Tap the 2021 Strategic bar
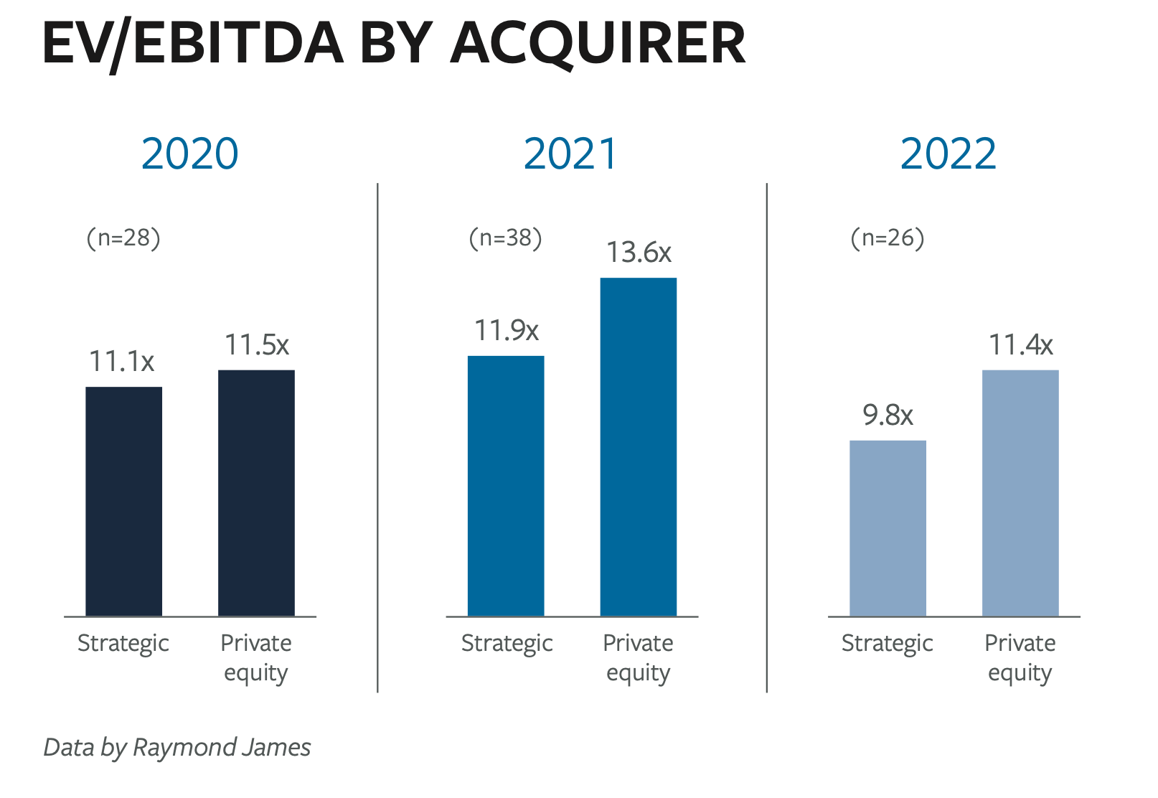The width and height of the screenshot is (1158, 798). coord(506,486)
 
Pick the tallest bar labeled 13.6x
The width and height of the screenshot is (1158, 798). coord(639,446)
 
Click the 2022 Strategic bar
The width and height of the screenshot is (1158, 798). coord(888,528)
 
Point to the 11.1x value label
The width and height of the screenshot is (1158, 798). coord(122,361)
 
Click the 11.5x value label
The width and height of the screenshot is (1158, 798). coord(257,344)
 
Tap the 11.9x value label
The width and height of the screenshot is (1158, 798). coord(507,330)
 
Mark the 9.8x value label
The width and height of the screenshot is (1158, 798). coord(888,415)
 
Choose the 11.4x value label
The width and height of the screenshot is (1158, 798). coord(1021,344)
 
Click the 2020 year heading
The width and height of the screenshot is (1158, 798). coord(190,154)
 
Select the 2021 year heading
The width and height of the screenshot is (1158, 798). coord(570,154)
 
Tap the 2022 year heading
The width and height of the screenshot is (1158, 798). coord(948,154)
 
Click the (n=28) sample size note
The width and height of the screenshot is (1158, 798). coord(123,238)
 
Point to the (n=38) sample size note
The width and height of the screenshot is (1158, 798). coord(506,238)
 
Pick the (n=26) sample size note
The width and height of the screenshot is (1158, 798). coord(888,238)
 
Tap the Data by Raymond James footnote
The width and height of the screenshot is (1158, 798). coord(177,747)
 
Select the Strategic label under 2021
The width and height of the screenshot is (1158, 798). coord(507,643)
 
